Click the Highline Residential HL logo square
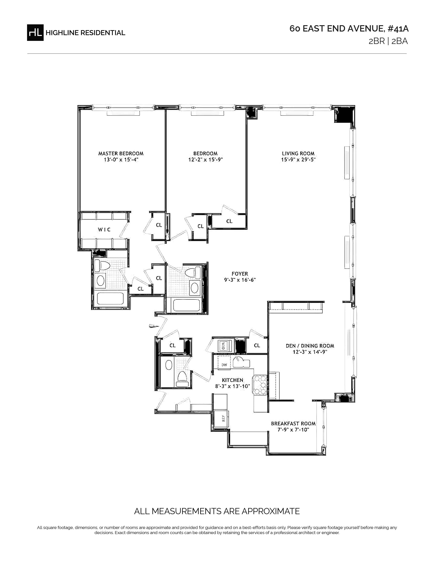click(x=35, y=32)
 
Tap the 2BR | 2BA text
click(x=388, y=41)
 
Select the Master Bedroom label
click(x=121, y=153)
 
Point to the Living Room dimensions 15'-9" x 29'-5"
click(x=298, y=160)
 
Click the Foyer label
click(x=240, y=274)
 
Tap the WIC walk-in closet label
click(x=104, y=230)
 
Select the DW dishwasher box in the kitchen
click(x=224, y=365)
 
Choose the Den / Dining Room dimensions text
click(x=310, y=352)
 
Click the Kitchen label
click(x=233, y=380)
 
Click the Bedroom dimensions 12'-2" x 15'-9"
click(x=205, y=160)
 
